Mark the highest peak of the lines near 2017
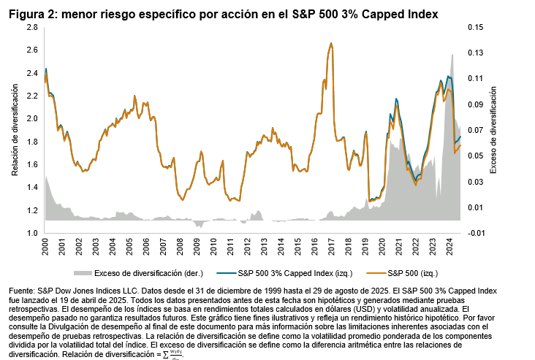[331, 43]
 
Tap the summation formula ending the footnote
[172, 355]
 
